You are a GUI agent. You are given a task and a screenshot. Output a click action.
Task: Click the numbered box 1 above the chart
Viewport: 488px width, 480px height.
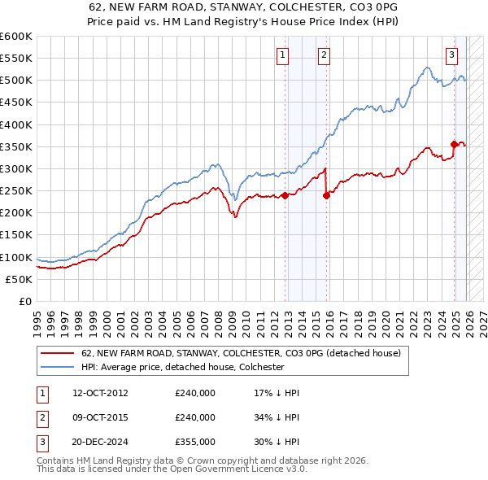[282, 55]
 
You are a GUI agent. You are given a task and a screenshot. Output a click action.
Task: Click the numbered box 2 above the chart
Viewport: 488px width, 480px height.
[324, 55]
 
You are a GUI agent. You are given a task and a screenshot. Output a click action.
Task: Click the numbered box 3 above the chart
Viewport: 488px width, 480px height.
[451, 55]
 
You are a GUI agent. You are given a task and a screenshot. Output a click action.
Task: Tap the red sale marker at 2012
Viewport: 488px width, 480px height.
[285, 195]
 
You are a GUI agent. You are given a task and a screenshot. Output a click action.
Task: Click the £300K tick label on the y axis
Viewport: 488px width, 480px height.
[15, 168]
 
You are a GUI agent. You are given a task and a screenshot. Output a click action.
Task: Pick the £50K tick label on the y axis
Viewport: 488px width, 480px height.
[19, 279]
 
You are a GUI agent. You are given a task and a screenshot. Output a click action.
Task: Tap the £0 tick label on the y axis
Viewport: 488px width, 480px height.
[26, 301]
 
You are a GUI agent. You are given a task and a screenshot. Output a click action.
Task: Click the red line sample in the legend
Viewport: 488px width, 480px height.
[57, 354]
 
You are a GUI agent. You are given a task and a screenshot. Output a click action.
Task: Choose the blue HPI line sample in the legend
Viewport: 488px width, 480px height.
[57, 367]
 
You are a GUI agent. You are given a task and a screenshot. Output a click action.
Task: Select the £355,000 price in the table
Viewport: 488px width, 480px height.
[195, 442]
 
